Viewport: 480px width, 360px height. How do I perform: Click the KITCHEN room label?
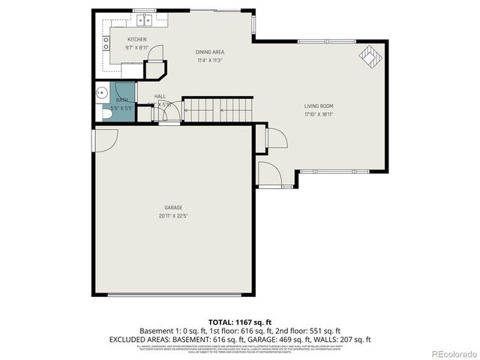point(136,39)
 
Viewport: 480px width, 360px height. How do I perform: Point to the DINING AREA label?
point(209,52)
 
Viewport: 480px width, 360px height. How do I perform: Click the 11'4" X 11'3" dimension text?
point(209,61)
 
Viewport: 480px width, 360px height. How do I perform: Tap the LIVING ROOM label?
point(319,106)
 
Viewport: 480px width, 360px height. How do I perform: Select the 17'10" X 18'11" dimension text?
point(319,115)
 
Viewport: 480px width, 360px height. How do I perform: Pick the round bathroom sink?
point(102,93)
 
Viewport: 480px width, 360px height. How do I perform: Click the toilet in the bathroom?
point(103,112)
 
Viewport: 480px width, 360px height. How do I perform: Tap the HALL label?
point(160,97)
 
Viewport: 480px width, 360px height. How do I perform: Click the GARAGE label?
point(174,207)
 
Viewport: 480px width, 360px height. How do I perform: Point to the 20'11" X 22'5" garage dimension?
point(174,216)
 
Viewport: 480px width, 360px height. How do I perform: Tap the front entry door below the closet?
point(269,174)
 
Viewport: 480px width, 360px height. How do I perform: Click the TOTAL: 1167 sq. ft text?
point(240,321)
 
